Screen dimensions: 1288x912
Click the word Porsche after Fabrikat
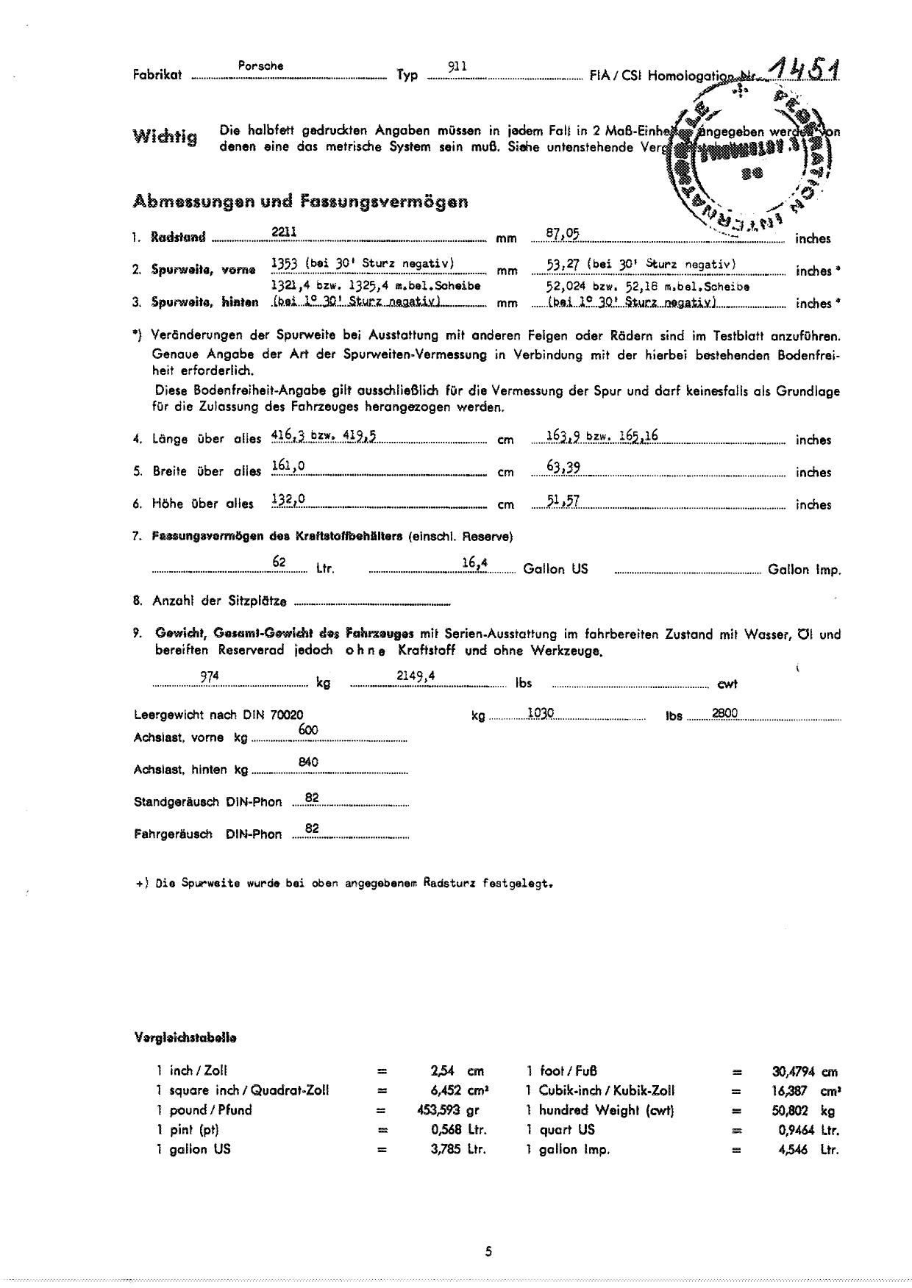tap(261, 66)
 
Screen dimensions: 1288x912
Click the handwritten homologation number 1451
tap(803, 71)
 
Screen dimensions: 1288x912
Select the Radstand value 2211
tap(284, 232)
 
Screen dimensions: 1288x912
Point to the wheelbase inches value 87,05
tap(563, 233)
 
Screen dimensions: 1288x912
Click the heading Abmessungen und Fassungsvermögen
tap(300, 201)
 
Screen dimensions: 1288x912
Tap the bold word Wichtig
tap(165, 137)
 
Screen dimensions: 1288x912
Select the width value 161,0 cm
tap(288, 465)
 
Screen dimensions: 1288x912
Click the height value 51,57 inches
tap(563, 501)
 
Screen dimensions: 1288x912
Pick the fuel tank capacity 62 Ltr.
tap(279, 562)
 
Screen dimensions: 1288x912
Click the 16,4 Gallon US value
tap(475, 563)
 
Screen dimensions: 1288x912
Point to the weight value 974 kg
tap(210, 677)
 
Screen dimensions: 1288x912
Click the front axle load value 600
tap(308, 729)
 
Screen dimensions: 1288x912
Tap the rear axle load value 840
tap(308, 762)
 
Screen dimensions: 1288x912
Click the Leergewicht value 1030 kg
tap(541, 712)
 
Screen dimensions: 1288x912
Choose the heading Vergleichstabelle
tap(185, 1038)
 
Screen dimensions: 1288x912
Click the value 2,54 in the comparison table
tap(443, 1071)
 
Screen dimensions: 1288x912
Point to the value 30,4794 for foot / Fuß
tap(794, 1072)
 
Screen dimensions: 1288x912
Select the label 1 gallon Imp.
tap(568, 1149)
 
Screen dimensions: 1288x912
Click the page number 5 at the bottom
tap(488, 1252)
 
